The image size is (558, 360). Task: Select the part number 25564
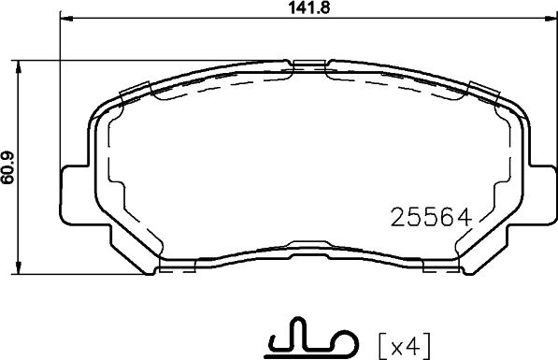[x=427, y=217]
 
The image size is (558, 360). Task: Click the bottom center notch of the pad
[x=308, y=248]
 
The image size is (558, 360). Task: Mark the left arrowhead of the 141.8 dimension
[x=64, y=22]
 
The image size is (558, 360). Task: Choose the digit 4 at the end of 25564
[x=458, y=217]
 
